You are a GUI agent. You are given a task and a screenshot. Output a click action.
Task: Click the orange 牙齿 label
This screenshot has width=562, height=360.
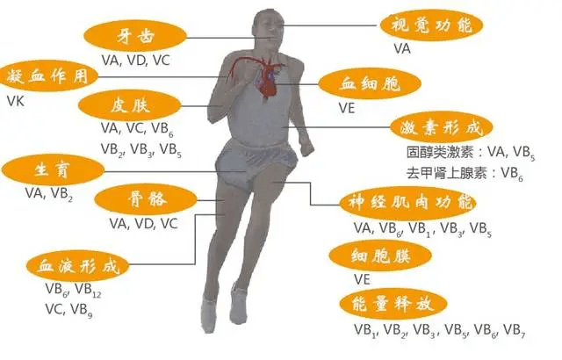click(135, 36)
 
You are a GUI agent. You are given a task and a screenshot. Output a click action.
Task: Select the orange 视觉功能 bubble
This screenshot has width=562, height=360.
click(431, 25)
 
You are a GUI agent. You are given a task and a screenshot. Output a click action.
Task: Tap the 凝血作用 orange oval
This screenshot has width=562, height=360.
click(47, 76)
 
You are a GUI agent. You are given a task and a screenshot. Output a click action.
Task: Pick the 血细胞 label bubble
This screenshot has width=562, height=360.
click(370, 84)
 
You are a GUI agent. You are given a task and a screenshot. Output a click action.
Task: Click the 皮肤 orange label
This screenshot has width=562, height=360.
click(130, 105)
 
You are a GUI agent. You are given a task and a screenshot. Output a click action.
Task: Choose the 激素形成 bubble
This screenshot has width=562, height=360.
click(441, 126)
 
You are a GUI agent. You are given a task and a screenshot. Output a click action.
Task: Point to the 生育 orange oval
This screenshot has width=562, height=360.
click(53, 169)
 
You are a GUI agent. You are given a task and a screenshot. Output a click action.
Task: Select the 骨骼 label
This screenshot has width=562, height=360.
click(146, 198)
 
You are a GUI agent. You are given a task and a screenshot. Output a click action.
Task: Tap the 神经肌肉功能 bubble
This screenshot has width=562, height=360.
click(408, 202)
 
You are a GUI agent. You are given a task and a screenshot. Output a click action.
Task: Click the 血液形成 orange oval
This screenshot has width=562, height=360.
click(78, 265)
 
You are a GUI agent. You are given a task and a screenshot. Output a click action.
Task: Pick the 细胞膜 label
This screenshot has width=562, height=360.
click(380, 256)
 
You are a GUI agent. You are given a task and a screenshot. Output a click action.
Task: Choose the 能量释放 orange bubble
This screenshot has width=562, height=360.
click(393, 304)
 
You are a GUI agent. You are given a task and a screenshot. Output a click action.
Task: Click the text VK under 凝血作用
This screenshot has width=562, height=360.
click(16, 101)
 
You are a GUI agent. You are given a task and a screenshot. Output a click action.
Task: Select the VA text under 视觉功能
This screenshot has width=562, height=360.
click(402, 49)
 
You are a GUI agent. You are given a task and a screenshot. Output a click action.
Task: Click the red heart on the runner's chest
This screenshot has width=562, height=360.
click(267, 78)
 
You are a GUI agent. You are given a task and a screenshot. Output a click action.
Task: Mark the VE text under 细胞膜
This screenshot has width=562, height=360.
click(362, 279)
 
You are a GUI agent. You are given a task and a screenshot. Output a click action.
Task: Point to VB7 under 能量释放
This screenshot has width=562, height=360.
click(515, 330)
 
